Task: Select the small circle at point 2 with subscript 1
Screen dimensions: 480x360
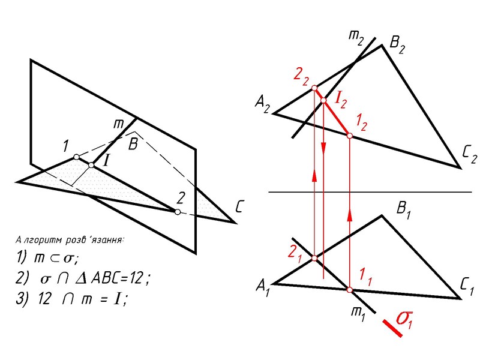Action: click(314, 258)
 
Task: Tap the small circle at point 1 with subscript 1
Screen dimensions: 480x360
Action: click(349, 290)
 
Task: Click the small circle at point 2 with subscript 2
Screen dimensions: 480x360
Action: click(314, 89)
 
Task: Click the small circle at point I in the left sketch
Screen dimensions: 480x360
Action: click(91, 164)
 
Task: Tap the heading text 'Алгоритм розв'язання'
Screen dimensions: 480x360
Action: click(70, 240)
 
